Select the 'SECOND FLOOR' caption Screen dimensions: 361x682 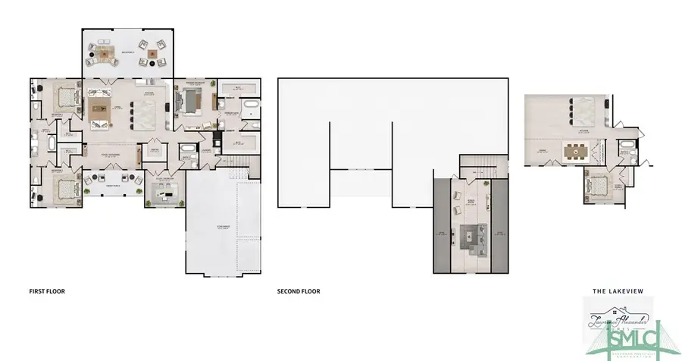tap(299, 290)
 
